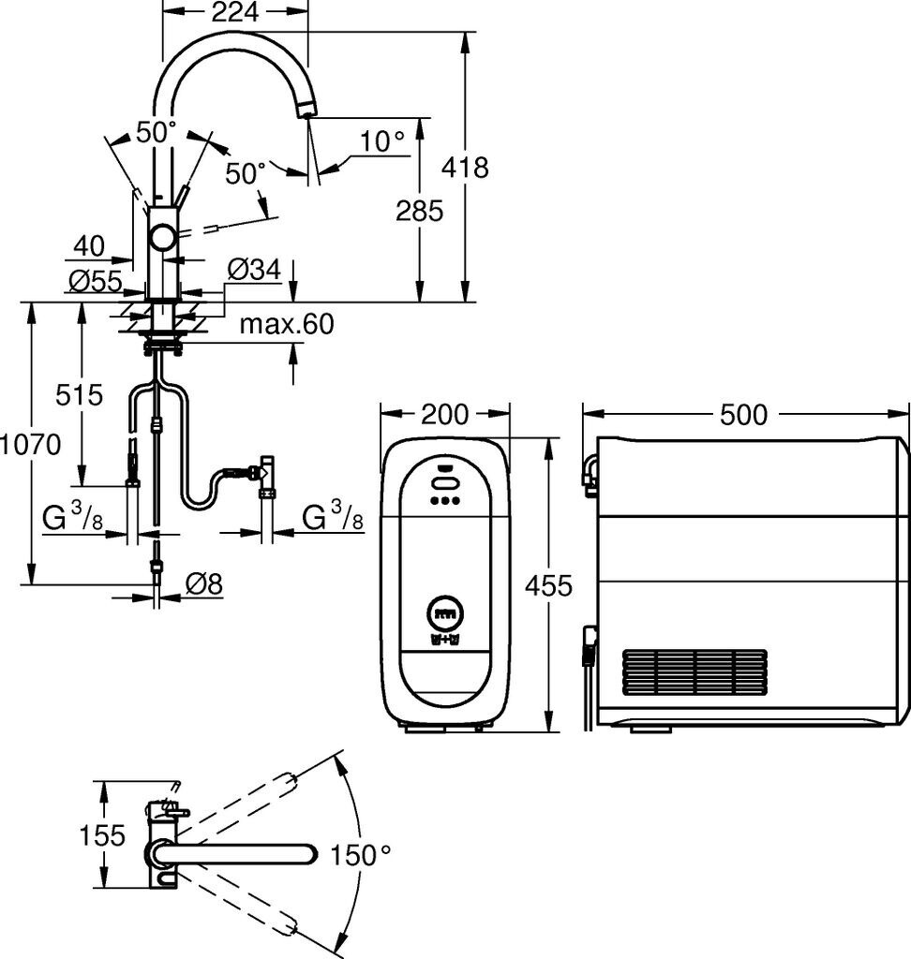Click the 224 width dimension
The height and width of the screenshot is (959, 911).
(235, 11)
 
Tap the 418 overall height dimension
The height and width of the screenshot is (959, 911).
(465, 167)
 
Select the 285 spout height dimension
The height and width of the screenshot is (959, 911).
(419, 211)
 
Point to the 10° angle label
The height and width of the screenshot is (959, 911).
(382, 141)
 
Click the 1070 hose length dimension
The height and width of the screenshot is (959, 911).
(31, 445)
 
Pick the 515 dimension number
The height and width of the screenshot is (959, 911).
(80, 395)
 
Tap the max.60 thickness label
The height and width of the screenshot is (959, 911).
(287, 324)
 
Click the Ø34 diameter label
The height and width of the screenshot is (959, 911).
(255, 270)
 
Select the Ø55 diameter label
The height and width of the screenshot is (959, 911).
(96, 281)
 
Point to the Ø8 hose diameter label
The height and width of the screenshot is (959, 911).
(204, 584)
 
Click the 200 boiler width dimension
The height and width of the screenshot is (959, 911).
(445, 415)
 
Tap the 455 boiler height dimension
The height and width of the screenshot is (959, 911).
(548, 586)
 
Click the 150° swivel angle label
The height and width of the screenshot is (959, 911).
(361, 855)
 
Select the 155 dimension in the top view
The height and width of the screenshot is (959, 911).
(102, 835)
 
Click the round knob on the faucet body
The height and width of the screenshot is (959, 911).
(164, 237)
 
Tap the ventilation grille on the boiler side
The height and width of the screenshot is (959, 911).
(694, 672)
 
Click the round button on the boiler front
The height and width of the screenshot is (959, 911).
(445, 613)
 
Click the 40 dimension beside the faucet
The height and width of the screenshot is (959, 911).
(89, 246)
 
